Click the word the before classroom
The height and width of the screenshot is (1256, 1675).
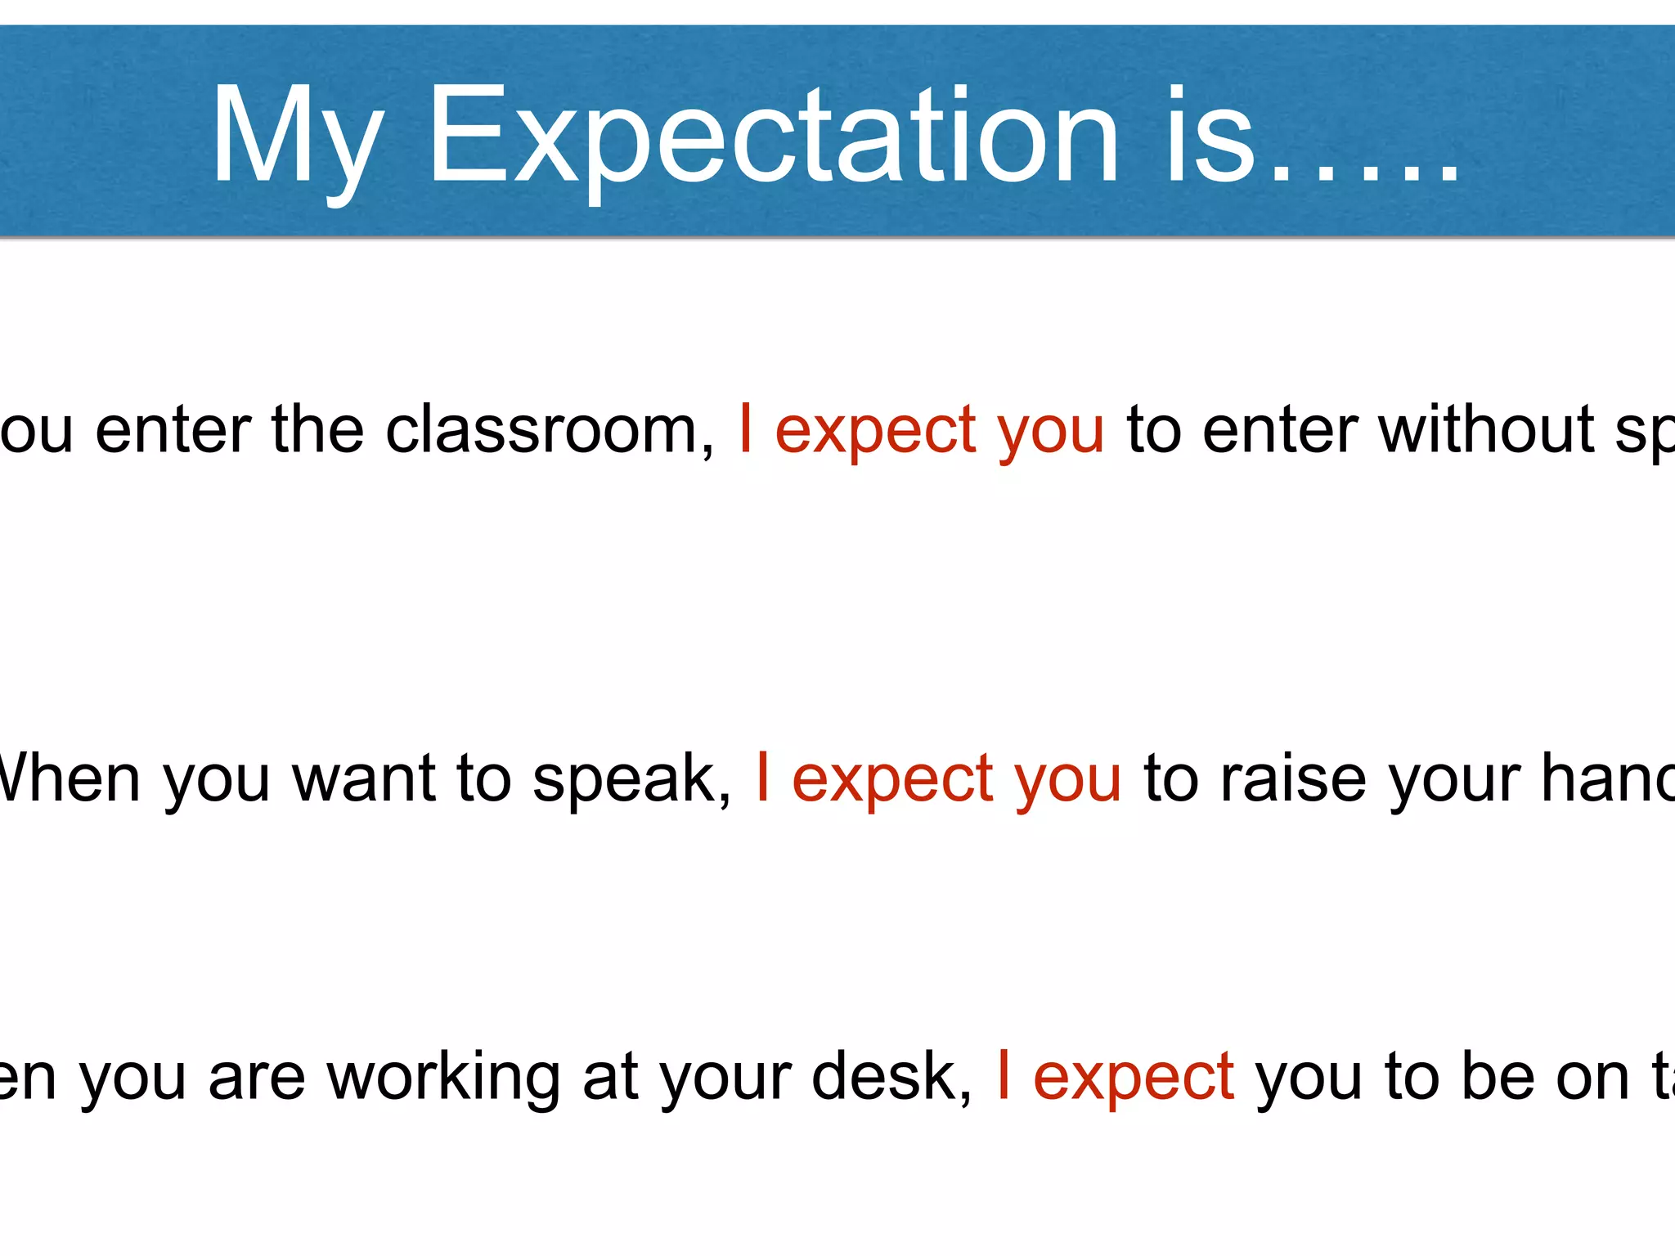[317, 430]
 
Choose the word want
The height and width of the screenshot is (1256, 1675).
[363, 778]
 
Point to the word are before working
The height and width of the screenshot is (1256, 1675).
[257, 1078]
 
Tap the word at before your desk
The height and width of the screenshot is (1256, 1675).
[610, 1078]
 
